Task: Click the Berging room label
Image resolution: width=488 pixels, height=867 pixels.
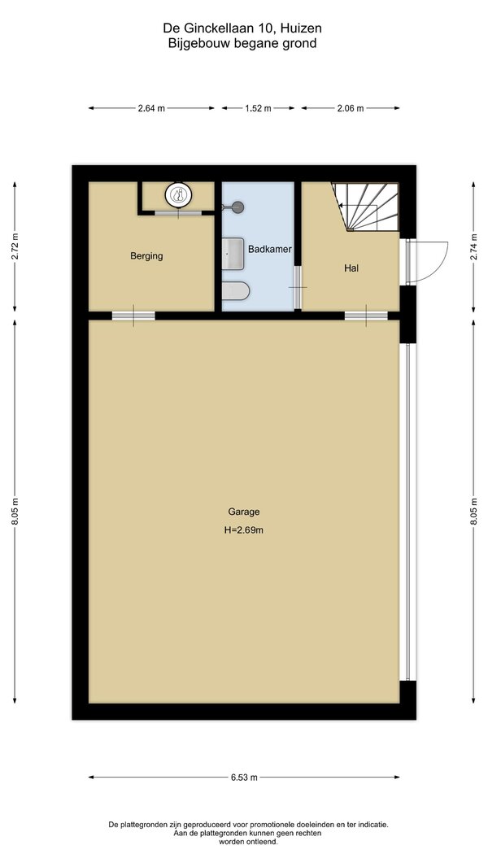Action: (146, 256)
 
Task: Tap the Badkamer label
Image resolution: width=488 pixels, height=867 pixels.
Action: (270, 250)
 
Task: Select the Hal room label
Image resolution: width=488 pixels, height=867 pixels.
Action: (351, 268)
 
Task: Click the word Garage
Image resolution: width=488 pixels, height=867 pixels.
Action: (243, 512)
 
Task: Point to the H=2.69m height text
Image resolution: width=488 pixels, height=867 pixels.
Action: (243, 529)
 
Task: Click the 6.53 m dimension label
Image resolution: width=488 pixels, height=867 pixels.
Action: (244, 777)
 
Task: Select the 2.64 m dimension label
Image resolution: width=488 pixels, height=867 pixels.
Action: (151, 108)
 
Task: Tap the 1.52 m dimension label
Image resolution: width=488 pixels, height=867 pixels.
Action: (258, 108)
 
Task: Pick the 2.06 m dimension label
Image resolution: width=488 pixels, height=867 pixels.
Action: (351, 108)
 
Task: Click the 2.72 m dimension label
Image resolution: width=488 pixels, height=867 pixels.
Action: (15, 246)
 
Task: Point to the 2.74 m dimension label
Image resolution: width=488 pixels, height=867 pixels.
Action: (473, 246)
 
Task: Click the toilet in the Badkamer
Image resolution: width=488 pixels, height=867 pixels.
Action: (236, 290)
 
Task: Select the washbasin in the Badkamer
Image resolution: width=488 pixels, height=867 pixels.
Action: (233, 254)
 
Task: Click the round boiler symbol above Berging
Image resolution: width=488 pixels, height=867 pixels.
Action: (178, 194)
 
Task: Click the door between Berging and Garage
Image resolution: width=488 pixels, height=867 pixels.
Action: (133, 316)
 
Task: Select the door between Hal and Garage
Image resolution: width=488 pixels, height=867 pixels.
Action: (367, 316)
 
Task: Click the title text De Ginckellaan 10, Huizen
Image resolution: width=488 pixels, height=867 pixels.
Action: (242, 28)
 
